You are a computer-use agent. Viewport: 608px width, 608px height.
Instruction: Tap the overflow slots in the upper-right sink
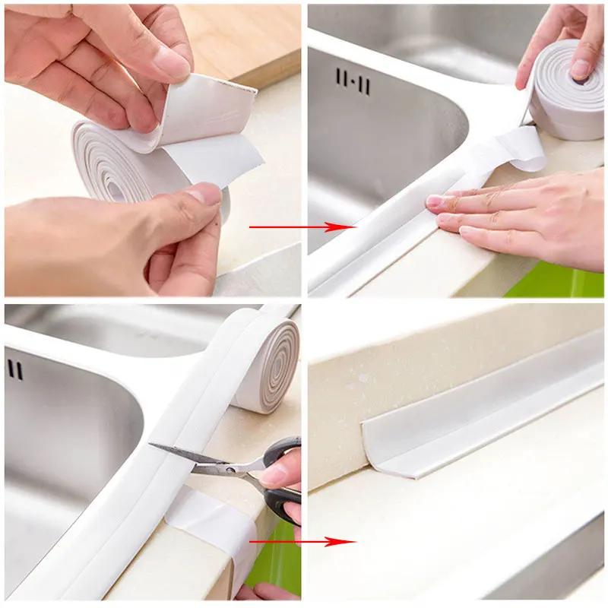352,81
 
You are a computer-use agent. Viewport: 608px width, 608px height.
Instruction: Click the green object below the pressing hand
555,281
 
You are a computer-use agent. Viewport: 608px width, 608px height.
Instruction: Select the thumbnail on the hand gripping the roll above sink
579,68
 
